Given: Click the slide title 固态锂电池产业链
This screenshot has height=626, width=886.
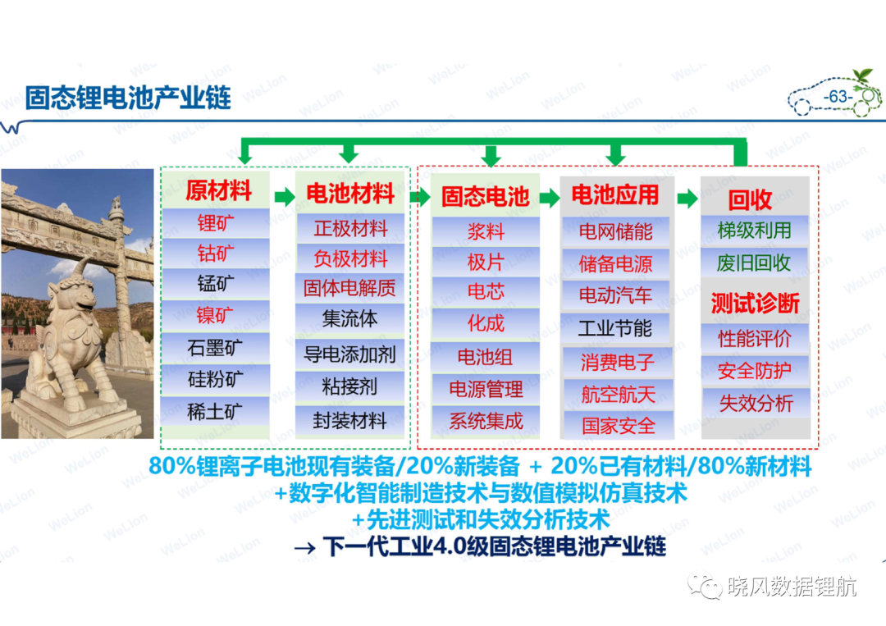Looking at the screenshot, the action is click(128, 98).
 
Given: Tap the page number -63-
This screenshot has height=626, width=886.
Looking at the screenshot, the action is click(838, 97).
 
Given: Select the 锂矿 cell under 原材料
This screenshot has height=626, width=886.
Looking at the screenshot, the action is click(215, 223).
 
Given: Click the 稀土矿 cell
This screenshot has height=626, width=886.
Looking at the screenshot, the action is click(215, 411).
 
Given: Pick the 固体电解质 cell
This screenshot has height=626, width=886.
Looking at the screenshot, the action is click(349, 288).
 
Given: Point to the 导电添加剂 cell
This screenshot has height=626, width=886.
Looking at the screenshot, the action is click(349, 354).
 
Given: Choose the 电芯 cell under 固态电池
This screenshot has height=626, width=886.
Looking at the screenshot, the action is click(486, 291).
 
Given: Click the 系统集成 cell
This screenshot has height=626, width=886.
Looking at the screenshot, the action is click(486, 421).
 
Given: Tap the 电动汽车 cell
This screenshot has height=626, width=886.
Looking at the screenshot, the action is click(615, 295).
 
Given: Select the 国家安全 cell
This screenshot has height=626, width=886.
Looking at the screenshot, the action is click(619, 425).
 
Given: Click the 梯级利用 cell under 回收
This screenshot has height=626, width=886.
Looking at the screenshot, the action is click(755, 231).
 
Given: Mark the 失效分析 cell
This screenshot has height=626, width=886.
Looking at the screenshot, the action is click(756, 403).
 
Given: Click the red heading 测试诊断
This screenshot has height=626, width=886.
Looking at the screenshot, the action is click(755, 304).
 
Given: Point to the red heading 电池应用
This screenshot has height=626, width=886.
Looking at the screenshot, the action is click(615, 195).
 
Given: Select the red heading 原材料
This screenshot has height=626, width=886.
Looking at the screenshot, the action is click(219, 190).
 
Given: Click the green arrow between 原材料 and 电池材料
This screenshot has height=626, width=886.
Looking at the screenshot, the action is click(285, 197).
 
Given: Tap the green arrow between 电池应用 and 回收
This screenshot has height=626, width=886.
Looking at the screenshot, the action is click(687, 199).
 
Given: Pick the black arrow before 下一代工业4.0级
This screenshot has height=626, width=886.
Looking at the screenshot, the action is click(304, 547).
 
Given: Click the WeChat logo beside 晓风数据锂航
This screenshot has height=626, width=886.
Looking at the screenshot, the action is click(705, 586).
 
